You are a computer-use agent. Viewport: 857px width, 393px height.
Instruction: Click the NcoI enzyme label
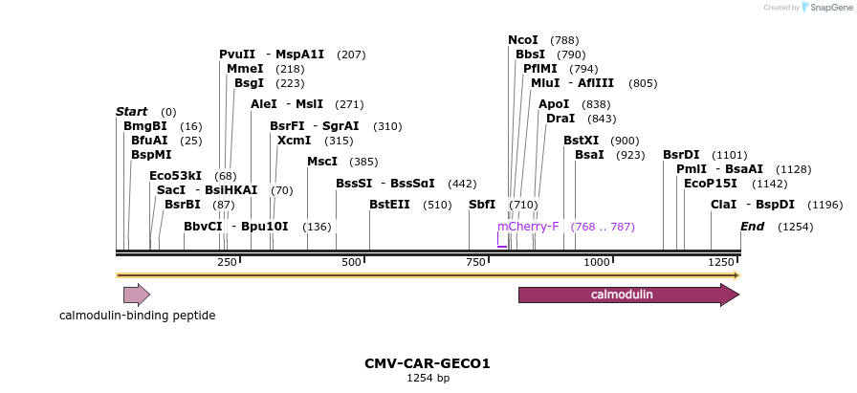[x=523, y=40]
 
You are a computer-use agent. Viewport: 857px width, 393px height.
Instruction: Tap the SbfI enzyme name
[x=482, y=204]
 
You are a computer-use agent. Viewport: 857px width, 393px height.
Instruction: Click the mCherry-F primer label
[x=528, y=227]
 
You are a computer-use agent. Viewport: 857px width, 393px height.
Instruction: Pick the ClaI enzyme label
[x=723, y=204]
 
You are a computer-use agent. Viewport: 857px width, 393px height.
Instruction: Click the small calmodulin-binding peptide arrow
[x=137, y=295]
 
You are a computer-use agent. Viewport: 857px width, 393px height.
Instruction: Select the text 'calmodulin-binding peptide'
[x=137, y=316]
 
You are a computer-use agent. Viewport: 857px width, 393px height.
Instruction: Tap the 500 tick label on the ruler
[x=351, y=262]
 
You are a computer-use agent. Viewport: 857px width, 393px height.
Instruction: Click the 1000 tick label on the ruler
[x=596, y=262]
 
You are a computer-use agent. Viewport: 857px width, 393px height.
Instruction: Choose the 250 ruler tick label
[x=227, y=262]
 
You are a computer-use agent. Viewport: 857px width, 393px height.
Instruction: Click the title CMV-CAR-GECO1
[x=428, y=363]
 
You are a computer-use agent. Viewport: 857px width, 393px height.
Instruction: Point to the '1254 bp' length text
[x=428, y=379]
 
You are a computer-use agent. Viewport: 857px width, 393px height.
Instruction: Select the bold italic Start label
[x=131, y=112]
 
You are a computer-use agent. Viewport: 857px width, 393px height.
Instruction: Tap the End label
[x=753, y=227]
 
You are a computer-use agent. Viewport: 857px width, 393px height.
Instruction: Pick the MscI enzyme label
[x=321, y=162]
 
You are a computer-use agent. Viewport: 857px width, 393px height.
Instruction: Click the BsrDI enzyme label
[x=681, y=155]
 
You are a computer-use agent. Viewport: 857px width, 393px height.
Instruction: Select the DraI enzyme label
[x=560, y=119]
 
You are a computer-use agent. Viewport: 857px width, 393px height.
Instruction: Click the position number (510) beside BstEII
[x=437, y=205]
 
